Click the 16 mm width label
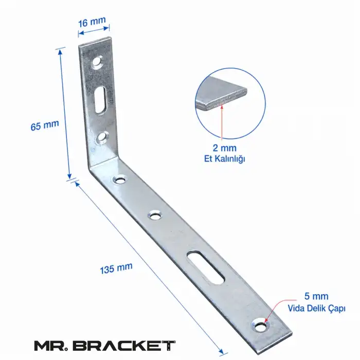pyautogui.click(x=92, y=22)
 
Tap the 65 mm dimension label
pyautogui.click(x=45, y=125)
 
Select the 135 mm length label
pyautogui.click(x=116, y=268)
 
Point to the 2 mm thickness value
pyautogui.click(x=225, y=148)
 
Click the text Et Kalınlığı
pyautogui.click(x=225, y=159)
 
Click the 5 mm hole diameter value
pyautogui.click(x=316, y=296)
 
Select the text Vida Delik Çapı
pyautogui.click(x=317, y=309)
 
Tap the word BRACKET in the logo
pyautogui.click(x=125, y=346)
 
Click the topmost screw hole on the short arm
pyautogui.click(x=97, y=62)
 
